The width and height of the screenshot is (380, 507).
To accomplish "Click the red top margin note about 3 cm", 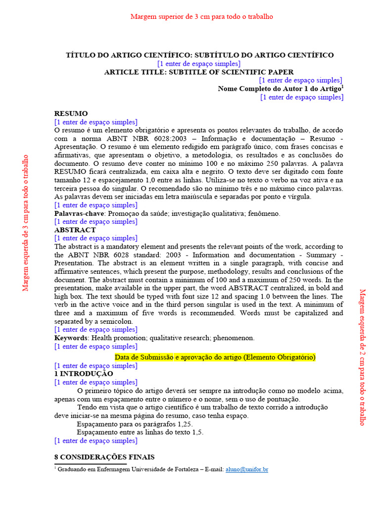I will coord(201,16).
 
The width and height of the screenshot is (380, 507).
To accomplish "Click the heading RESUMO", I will coord(71,113).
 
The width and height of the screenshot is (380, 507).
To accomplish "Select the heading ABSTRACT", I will coord(75,230).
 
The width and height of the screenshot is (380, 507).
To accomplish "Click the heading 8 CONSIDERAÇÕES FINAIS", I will coord(104,457).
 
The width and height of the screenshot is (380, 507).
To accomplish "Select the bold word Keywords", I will coord(71,338).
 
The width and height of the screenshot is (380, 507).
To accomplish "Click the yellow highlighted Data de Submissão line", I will coord(215,357).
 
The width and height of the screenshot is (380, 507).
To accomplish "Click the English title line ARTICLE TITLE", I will coord(198,72).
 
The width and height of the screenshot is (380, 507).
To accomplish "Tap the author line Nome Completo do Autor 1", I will coord(279,89).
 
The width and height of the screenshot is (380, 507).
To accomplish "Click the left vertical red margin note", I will coord(26,222).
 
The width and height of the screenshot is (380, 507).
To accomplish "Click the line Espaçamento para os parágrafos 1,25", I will coord(135,424).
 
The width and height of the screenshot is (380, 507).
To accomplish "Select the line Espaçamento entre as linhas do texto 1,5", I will coord(140,432).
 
